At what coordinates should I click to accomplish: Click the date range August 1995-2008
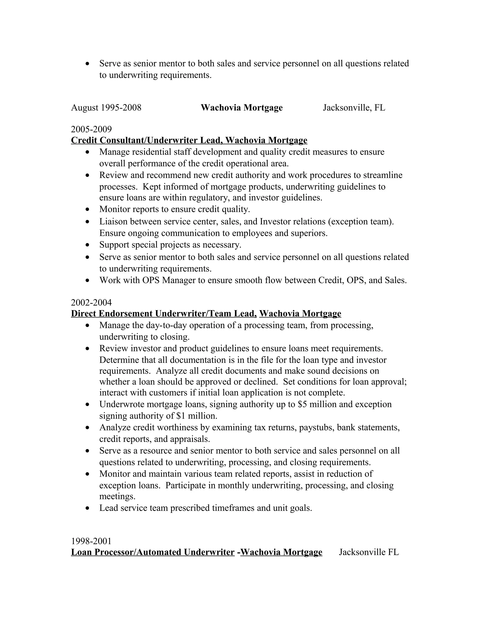point(106,108)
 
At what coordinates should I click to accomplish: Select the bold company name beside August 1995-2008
point(241,108)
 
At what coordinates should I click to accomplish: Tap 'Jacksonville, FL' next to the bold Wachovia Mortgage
point(354,108)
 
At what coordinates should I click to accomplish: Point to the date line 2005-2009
point(91,130)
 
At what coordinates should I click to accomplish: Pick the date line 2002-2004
point(91,303)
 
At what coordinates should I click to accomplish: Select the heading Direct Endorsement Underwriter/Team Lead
point(164,314)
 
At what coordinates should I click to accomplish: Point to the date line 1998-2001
point(91,541)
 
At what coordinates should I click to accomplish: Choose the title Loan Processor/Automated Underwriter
point(153,552)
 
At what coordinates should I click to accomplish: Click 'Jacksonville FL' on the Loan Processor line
point(369,552)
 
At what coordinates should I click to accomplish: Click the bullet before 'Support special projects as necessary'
point(88,245)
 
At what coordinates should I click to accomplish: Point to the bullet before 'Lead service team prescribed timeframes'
point(88,508)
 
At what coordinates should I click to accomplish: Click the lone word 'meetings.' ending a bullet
point(117,497)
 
